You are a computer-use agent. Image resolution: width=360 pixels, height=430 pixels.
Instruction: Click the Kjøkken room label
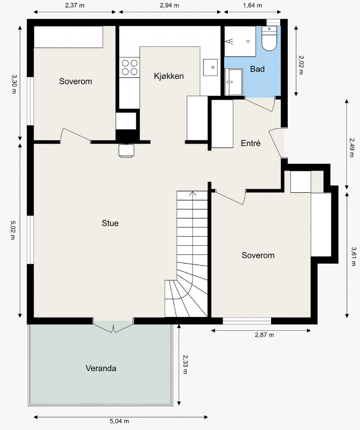169,76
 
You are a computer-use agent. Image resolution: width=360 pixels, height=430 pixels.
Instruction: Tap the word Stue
110,223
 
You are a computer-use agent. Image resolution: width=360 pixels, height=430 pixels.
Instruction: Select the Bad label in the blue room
257,69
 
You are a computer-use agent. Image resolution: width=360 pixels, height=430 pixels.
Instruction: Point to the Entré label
250,143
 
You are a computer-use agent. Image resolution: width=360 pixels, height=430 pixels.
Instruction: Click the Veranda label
101,368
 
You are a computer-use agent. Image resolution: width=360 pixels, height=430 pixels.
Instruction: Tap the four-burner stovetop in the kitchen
130,68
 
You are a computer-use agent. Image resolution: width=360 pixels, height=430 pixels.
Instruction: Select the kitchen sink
211,68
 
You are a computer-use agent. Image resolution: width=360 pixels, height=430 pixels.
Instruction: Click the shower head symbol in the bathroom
229,41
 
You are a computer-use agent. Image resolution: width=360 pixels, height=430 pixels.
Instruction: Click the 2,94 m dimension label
169,5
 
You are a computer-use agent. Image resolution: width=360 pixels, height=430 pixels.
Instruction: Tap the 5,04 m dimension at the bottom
119,421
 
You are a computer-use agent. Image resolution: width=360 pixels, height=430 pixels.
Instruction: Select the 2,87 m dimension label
264,334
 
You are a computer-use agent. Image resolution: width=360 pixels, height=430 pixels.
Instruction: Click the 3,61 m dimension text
353,256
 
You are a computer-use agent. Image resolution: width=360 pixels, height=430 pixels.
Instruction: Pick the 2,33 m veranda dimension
185,364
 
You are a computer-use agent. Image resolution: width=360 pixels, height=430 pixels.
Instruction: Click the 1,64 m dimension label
252,5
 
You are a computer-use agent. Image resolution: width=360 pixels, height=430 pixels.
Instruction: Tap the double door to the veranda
113,326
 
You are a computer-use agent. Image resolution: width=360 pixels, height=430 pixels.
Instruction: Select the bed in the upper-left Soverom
68,37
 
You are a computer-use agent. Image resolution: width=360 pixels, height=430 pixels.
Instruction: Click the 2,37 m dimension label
75,5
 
